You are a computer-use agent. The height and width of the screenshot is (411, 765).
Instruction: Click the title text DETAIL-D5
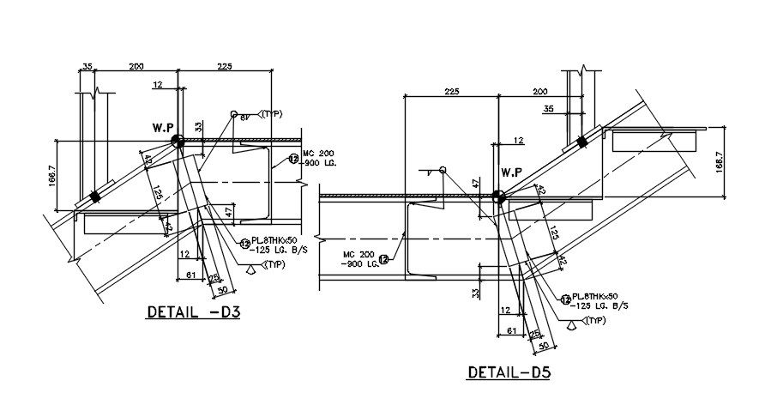tap(509, 373)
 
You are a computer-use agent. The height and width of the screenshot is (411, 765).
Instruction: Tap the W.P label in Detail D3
tap(164, 128)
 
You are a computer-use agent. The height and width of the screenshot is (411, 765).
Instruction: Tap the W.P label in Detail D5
tap(512, 182)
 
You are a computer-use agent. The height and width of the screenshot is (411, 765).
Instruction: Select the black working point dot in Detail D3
tap(178, 141)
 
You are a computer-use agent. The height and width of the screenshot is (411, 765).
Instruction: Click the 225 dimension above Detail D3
tap(225, 65)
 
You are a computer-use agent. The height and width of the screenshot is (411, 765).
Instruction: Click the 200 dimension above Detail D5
tap(540, 91)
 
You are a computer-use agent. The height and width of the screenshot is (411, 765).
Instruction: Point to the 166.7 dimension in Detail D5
tap(719, 160)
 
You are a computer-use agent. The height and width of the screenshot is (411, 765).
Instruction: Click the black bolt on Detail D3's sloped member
tap(96, 196)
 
